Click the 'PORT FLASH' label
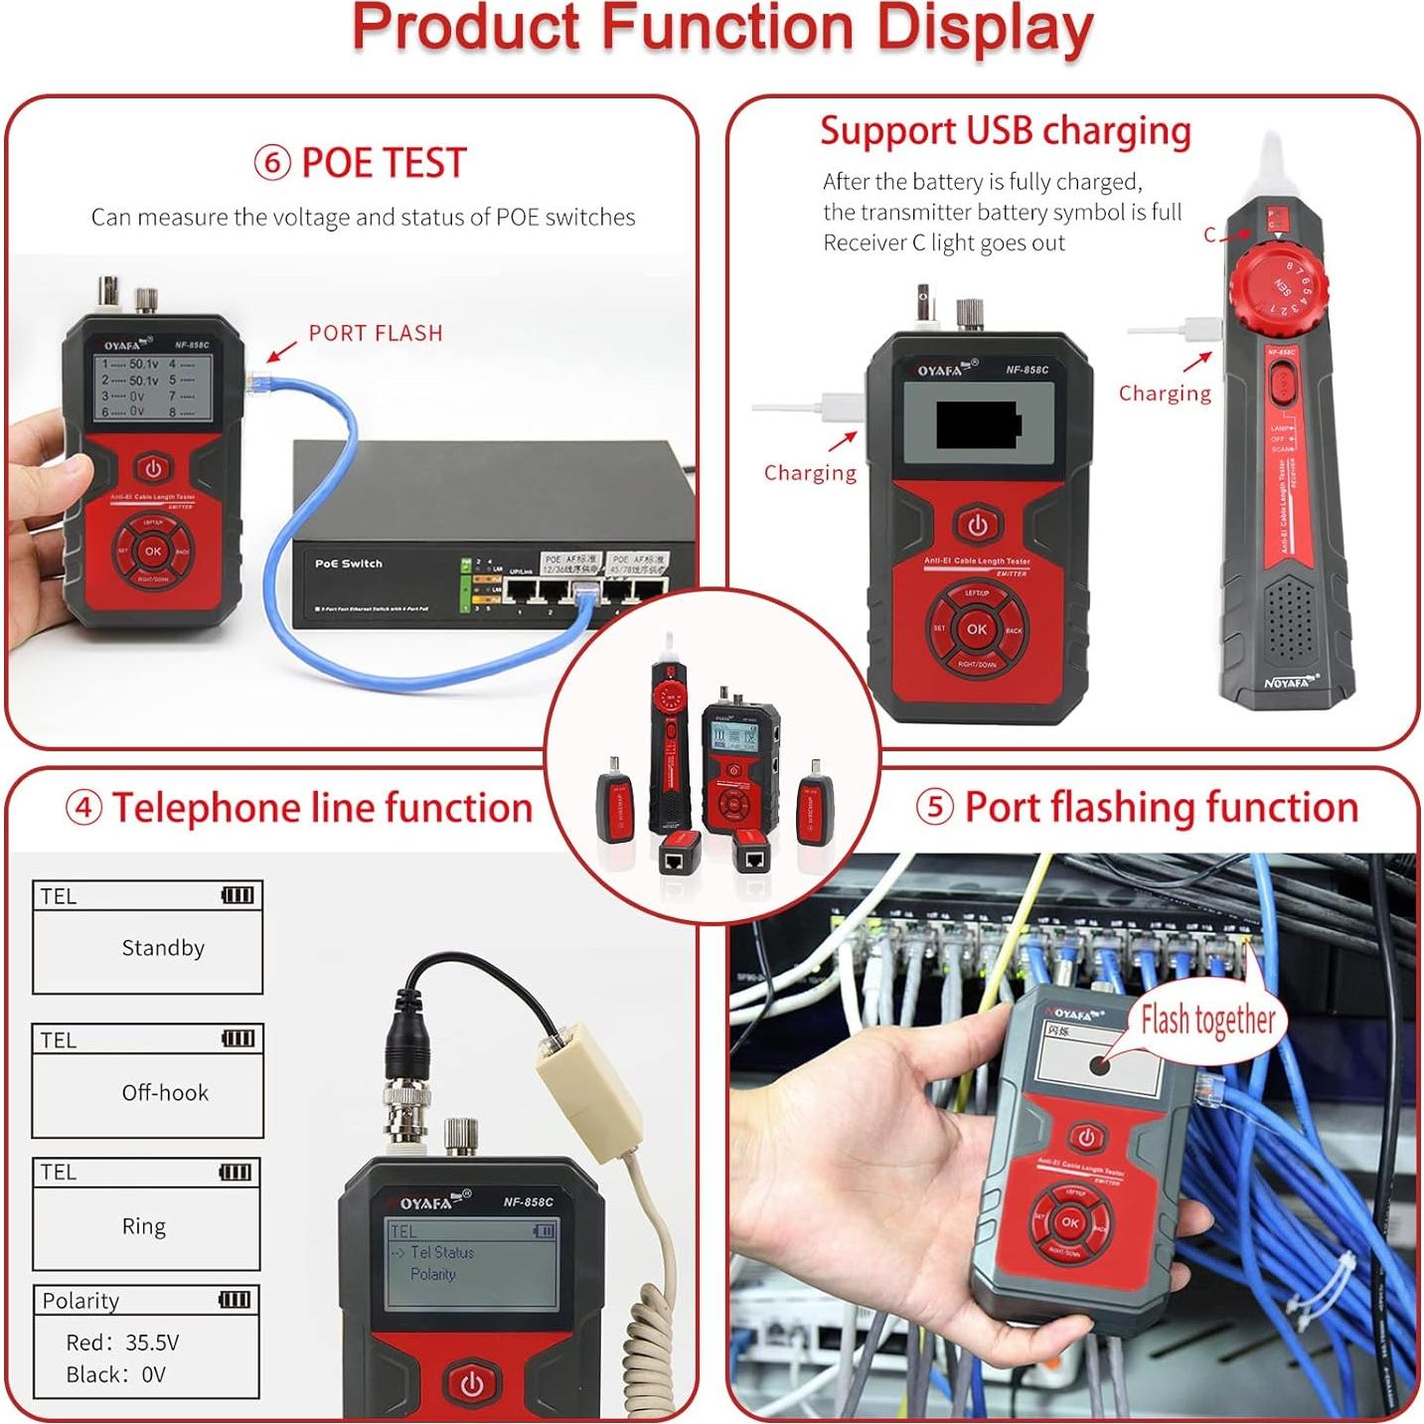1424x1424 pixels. (x=375, y=333)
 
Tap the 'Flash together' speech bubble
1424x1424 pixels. (x=1206, y=1021)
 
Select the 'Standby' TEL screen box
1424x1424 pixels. (x=148, y=937)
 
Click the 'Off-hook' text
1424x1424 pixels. (x=165, y=1093)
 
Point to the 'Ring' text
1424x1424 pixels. (x=144, y=1226)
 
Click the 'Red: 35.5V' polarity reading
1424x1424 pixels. (x=122, y=1343)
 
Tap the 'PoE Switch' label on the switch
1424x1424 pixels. (x=348, y=563)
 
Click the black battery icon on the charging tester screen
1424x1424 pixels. (x=978, y=425)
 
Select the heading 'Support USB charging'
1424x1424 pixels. (x=1005, y=131)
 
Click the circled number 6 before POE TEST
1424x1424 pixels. (x=272, y=162)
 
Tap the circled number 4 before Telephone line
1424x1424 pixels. (x=83, y=807)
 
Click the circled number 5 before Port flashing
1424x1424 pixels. (x=934, y=807)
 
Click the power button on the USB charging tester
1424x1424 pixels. (x=977, y=525)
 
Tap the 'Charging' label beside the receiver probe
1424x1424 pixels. (x=1165, y=394)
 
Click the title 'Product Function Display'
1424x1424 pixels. (x=722, y=28)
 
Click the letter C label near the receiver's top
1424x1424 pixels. (x=1209, y=235)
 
